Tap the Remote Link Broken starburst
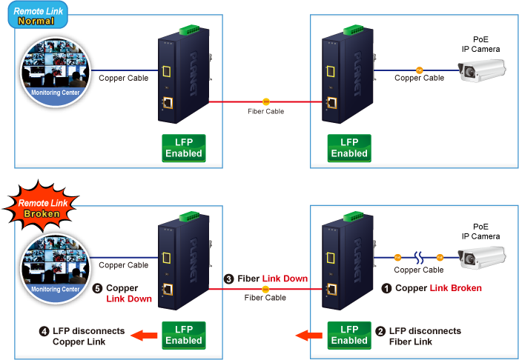(38, 207)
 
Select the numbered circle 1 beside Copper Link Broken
(386, 288)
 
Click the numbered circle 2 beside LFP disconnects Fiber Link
(380, 331)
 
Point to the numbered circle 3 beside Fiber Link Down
(228, 279)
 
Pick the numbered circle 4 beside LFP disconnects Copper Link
(44, 331)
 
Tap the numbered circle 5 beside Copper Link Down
(98, 288)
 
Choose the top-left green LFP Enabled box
(184, 148)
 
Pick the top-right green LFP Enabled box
(348, 148)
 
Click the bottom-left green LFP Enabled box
(184, 336)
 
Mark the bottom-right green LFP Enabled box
(348, 336)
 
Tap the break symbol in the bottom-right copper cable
(419, 258)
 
